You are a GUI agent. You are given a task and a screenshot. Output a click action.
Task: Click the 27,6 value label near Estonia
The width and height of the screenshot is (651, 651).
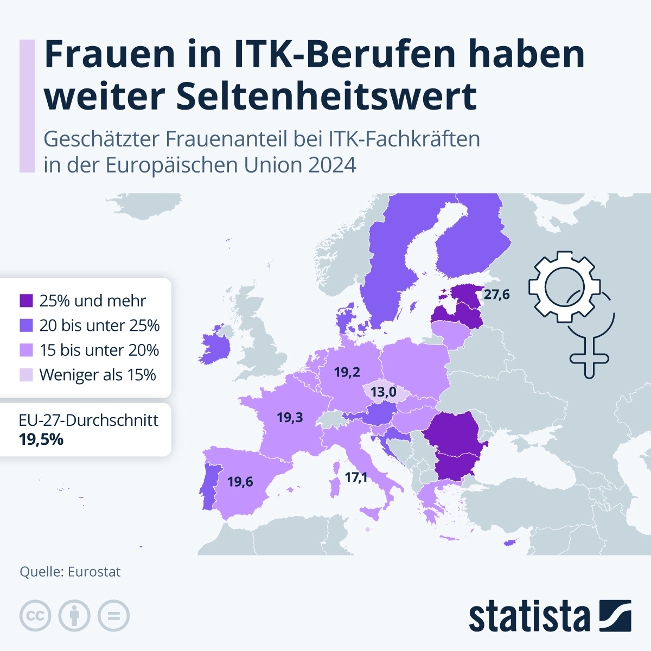coord(496,295)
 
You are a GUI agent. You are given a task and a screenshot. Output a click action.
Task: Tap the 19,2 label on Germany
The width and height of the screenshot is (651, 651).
coord(347,372)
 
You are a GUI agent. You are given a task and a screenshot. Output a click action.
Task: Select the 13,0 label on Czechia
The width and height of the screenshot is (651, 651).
coord(383,392)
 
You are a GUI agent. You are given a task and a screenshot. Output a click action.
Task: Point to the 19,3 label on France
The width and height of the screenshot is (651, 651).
coord(290,417)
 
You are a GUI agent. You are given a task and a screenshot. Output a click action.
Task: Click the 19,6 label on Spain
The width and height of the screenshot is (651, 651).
coord(240,482)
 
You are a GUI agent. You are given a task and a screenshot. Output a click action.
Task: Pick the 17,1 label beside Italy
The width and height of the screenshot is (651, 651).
coord(356,477)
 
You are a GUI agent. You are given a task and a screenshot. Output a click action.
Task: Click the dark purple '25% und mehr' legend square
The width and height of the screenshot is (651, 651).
coord(26,301)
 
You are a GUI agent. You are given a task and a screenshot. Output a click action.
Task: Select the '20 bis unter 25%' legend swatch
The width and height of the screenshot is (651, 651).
coord(26,325)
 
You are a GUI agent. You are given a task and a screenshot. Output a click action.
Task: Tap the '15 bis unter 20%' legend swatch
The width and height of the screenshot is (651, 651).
coord(26,350)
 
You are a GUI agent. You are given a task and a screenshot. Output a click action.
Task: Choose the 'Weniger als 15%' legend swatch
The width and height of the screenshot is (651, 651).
coord(26,375)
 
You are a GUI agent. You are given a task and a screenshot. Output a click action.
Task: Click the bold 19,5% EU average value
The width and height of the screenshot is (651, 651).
coord(41,439)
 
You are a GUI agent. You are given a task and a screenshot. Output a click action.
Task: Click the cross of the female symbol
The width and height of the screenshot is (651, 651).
coord(589,358)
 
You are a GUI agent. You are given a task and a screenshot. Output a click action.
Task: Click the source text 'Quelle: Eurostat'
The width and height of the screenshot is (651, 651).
coord(70,572)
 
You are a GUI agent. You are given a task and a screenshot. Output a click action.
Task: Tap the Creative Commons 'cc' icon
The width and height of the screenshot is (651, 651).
coord(35,616)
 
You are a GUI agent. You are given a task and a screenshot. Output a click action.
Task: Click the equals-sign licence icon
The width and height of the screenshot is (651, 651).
coord(114,616)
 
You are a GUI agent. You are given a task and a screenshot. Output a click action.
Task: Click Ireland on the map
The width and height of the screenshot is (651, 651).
coord(214,347)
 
